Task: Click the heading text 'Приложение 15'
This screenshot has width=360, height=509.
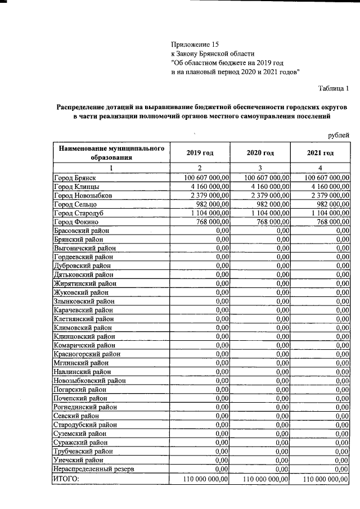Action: [x=194, y=44]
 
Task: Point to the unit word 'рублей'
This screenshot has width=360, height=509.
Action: [x=339, y=135]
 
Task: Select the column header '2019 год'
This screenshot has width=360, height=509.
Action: [x=199, y=153]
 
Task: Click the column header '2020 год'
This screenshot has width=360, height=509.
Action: [x=260, y=153]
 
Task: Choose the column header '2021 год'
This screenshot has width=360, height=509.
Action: [x=320, y=153]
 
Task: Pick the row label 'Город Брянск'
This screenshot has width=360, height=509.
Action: [x=74, y=177]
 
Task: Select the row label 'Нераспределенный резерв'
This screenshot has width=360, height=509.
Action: [x=94, y=468]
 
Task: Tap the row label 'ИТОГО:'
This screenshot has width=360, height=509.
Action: [x=66, y=479]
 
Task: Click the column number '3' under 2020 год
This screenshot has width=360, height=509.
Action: [x=260, y=168]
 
